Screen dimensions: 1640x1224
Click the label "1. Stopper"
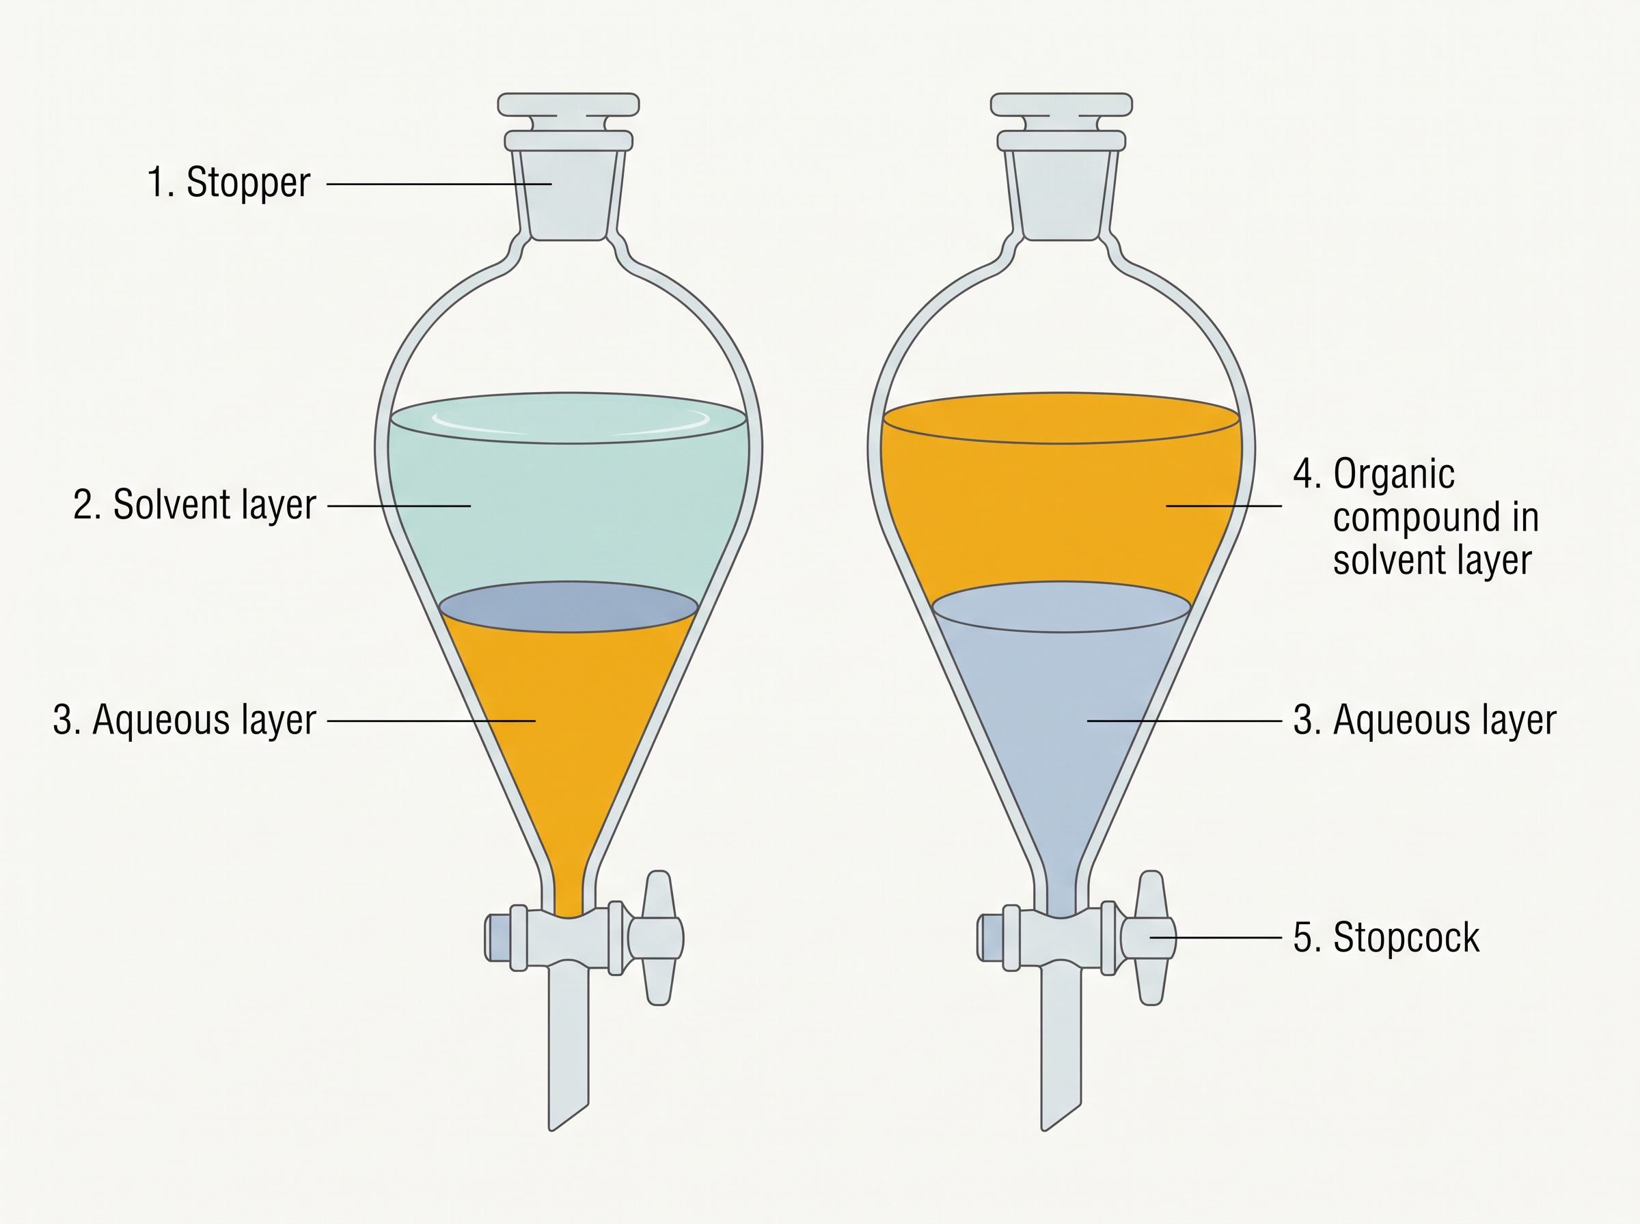(x=229, y=183)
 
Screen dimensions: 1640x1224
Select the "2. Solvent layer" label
(x=195, y=505)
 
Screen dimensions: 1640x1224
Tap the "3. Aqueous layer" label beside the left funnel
(x=184, y=720)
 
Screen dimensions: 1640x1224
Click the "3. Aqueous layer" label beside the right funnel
(x=1424, y=720)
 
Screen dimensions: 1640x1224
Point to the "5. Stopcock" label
(x=1386, y=937)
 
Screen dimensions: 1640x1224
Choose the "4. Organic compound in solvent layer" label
(x=1416, y=516)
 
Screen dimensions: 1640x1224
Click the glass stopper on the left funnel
(x=569, y=166)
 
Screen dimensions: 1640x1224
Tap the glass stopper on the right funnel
(x=1061, y=166)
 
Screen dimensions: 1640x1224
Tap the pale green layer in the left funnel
(x=569, y=511)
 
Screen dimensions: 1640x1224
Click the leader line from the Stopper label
(x=439, y=184)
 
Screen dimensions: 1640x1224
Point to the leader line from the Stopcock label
(x=1216, y=937)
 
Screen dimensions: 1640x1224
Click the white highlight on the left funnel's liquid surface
(x=569, y=419)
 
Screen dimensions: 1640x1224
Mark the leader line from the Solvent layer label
(x=398, y=506)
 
